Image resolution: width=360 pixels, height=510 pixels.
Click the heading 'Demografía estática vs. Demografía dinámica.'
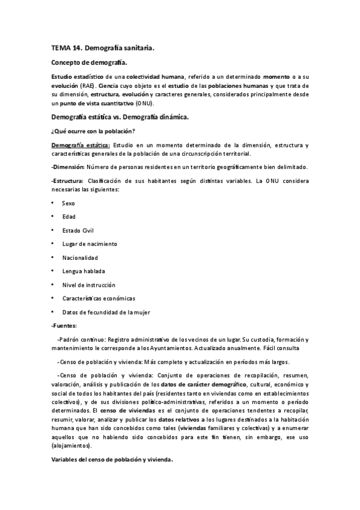pos(120,117)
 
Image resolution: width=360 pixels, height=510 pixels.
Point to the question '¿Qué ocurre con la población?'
pos(93,131)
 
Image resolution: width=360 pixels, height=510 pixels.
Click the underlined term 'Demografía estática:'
pos(81,146)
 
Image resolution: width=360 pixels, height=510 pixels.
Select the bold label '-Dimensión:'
pos(69,167)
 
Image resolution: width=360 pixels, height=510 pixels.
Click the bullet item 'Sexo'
pos(69,203)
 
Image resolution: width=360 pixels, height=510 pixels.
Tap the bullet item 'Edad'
pos(69,217)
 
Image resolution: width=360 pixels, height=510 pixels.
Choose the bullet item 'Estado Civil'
pos(78,230)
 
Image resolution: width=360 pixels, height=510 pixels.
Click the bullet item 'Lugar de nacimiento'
pos(90,244)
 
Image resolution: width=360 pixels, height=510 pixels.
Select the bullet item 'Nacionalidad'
pos(81,257)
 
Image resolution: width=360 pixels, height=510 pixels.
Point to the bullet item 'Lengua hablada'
pos(83,271)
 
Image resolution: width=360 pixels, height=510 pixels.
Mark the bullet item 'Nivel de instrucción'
pos(88,284)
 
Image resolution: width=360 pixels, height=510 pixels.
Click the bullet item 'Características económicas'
pos(99,298)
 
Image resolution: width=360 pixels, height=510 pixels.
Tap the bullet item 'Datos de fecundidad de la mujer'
pos(106,312)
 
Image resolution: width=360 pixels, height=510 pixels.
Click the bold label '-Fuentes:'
pos(64,325)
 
